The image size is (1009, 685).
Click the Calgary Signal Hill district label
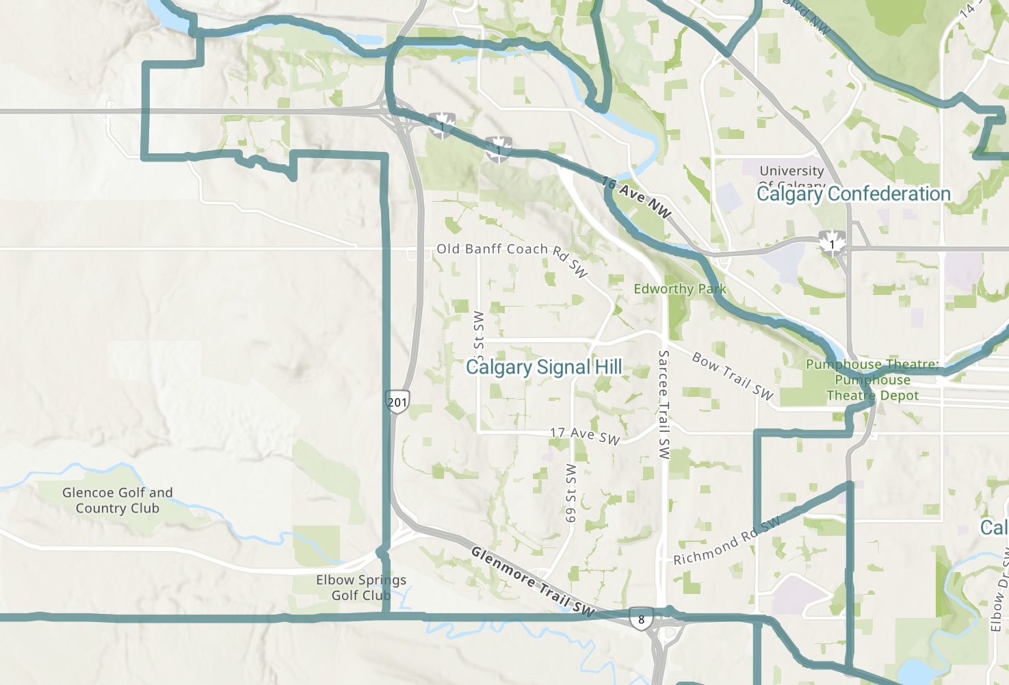click(x=544, y=367)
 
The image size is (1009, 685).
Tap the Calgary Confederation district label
click(x=853, y=194)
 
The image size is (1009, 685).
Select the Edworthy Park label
click(x=679, y=289)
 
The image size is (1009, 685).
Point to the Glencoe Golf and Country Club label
click(x=118, y=500)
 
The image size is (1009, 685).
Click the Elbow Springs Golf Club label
click(x=361, y=588)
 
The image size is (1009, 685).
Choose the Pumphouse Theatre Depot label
click(x=872, y=380)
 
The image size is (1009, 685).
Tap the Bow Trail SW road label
click(x=732, y=376)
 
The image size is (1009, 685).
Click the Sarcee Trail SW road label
click(x=664, y=404)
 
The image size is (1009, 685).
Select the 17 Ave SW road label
click(x=585, y=435)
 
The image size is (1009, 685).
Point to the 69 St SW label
click(x=571, y=493)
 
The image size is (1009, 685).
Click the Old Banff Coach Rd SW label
click(x=512, y=255)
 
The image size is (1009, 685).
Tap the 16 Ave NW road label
click(x=636, y=197)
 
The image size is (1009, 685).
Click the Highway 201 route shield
click(x=397, y=402)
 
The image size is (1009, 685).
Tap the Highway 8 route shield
click(x=641, y=619)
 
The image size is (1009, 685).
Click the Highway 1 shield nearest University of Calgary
click(x=833, y=244)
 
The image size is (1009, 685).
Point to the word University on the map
click(x=791, y=170)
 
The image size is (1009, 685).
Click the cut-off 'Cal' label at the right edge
click(x=994, y=528)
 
